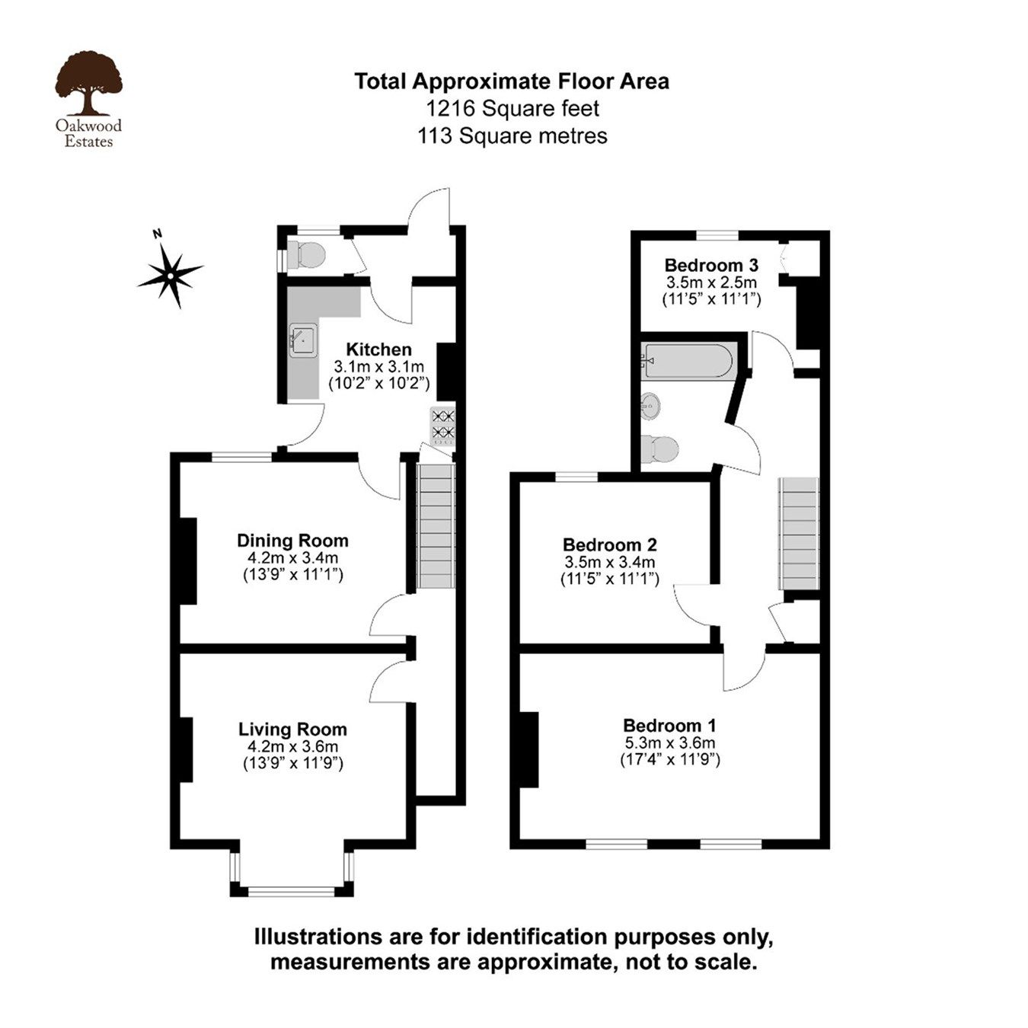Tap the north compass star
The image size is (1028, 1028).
coord(172,273)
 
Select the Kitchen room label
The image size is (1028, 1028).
coord(378,350)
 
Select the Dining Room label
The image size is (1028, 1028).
coord(292,541)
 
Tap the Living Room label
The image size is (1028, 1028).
coord(292,729)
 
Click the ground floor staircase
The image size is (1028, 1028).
coord(436,525)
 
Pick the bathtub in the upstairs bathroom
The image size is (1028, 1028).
coord(688,361)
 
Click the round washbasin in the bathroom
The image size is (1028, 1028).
coord(650,406)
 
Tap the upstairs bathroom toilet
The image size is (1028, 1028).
coord(659,449)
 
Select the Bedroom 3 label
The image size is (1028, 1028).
coord(711,266)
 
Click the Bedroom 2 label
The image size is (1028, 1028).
coord(609,545)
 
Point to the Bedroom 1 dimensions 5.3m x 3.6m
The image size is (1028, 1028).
coord(669,743)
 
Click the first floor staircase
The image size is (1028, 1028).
coord(798,533)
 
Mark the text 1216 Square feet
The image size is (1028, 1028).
coord(512,109)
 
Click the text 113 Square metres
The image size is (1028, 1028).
coord(512,136)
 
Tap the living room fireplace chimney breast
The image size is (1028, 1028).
coord(184,749)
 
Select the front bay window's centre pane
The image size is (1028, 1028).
coord(292,890)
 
